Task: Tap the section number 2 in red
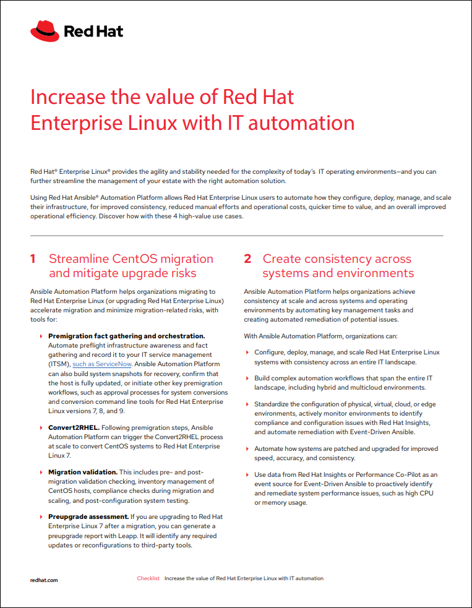247,259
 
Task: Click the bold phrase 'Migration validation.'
83,471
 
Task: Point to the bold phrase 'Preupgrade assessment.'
88,516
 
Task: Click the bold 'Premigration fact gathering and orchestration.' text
127,336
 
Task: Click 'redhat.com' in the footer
44,580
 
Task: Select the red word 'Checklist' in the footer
148,578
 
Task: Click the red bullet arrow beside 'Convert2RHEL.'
41,427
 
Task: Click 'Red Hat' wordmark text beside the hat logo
93,30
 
